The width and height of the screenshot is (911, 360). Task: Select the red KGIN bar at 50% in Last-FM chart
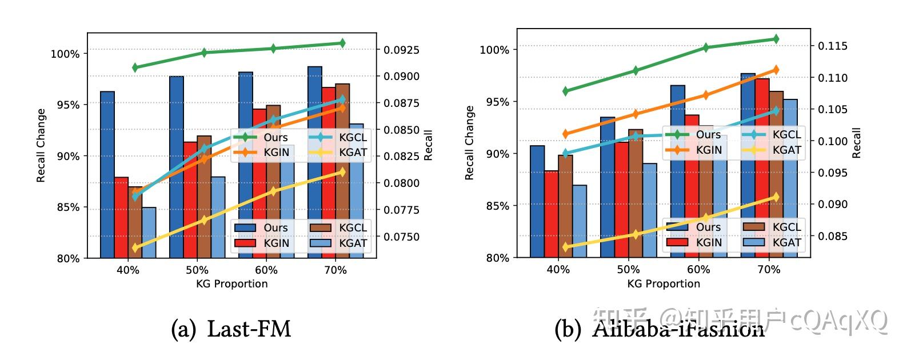click(190, 200)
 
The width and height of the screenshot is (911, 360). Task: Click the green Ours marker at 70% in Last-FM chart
click(342, 43)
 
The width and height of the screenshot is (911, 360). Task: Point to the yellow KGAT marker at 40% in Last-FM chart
click(135, 248)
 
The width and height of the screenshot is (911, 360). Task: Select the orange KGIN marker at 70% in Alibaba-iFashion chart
click(776, 70)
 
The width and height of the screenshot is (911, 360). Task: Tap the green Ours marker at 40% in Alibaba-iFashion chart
click(566, 91)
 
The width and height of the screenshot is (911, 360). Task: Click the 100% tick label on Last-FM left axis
click(65, 54)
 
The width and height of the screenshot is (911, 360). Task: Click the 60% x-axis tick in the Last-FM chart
click(266, 270)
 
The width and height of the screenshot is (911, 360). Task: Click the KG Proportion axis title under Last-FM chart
click(231, 283)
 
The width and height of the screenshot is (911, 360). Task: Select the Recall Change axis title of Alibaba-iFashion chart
click(470, 143)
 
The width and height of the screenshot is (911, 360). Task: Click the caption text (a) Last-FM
click(231, 329)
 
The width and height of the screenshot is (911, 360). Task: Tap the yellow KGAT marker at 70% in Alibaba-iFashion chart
click(776, 197)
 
